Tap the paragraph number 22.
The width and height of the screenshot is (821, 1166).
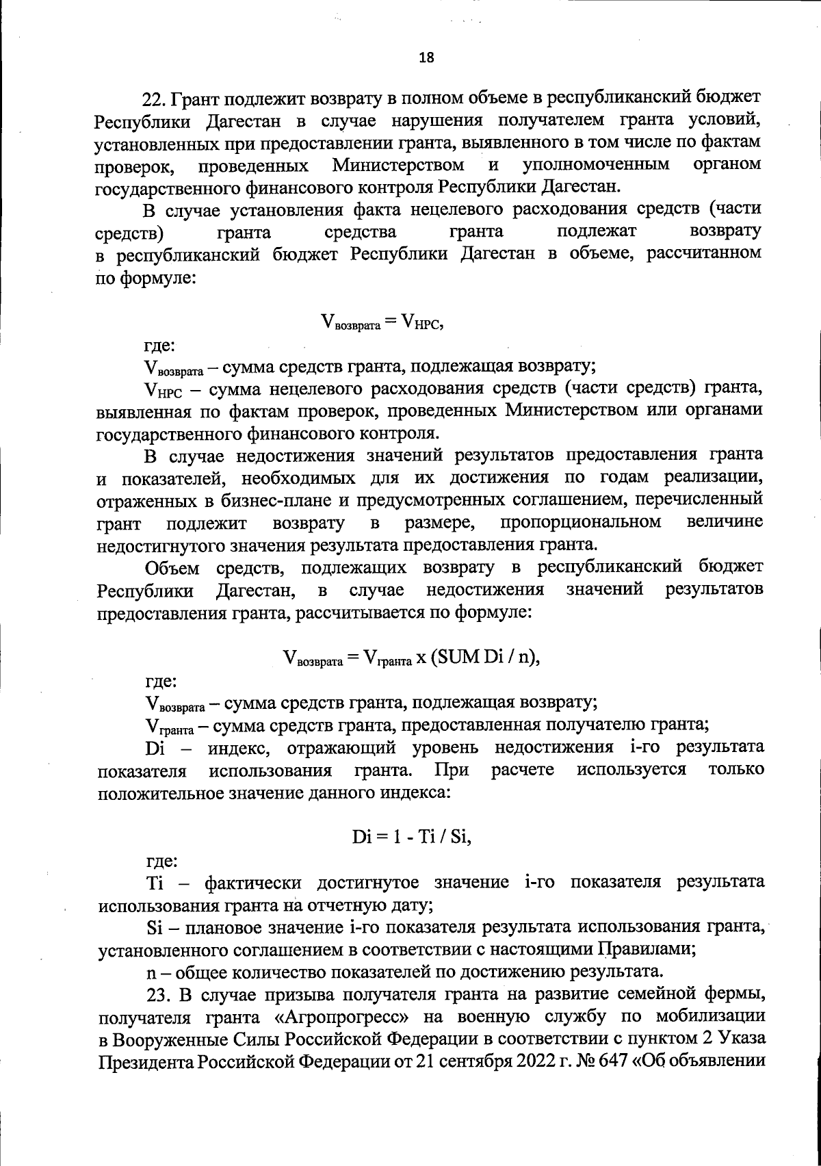[153, 99]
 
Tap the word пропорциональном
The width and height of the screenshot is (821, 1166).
[581, 522]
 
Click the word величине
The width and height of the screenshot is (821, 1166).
[725, 522]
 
